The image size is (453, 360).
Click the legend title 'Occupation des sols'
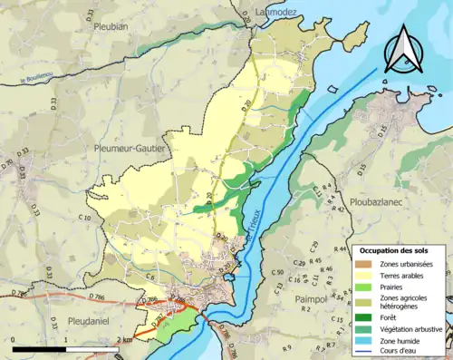396,249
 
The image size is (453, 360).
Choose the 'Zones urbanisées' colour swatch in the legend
364,263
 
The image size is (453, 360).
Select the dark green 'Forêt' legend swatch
364,317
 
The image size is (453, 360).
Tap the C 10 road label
85,219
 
